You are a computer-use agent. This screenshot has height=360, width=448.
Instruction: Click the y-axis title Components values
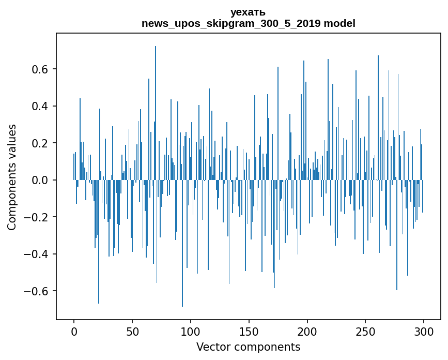coord(12,177)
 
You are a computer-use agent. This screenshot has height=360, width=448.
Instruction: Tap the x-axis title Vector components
coord(248,347)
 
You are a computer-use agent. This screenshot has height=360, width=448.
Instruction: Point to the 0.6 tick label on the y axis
coord(41,69)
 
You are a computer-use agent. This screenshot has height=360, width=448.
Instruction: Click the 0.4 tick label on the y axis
coord(41,106)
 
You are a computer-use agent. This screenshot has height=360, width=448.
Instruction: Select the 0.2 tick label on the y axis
coord(41,143)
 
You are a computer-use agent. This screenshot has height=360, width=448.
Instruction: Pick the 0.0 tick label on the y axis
coord(41,180)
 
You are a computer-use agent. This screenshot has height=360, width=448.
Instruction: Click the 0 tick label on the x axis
coord(74,331)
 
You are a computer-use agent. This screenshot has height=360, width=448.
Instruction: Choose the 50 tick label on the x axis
coord(132,331)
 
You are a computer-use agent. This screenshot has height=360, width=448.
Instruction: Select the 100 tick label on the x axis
coord(191,331)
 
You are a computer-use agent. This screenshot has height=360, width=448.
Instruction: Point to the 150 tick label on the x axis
coord(249,331)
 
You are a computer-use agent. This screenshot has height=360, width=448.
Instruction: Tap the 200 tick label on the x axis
coord(307,331)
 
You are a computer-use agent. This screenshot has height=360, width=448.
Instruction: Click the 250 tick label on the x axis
coord(366,331)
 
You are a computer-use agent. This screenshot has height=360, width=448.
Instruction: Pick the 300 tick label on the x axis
coord(424,331)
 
